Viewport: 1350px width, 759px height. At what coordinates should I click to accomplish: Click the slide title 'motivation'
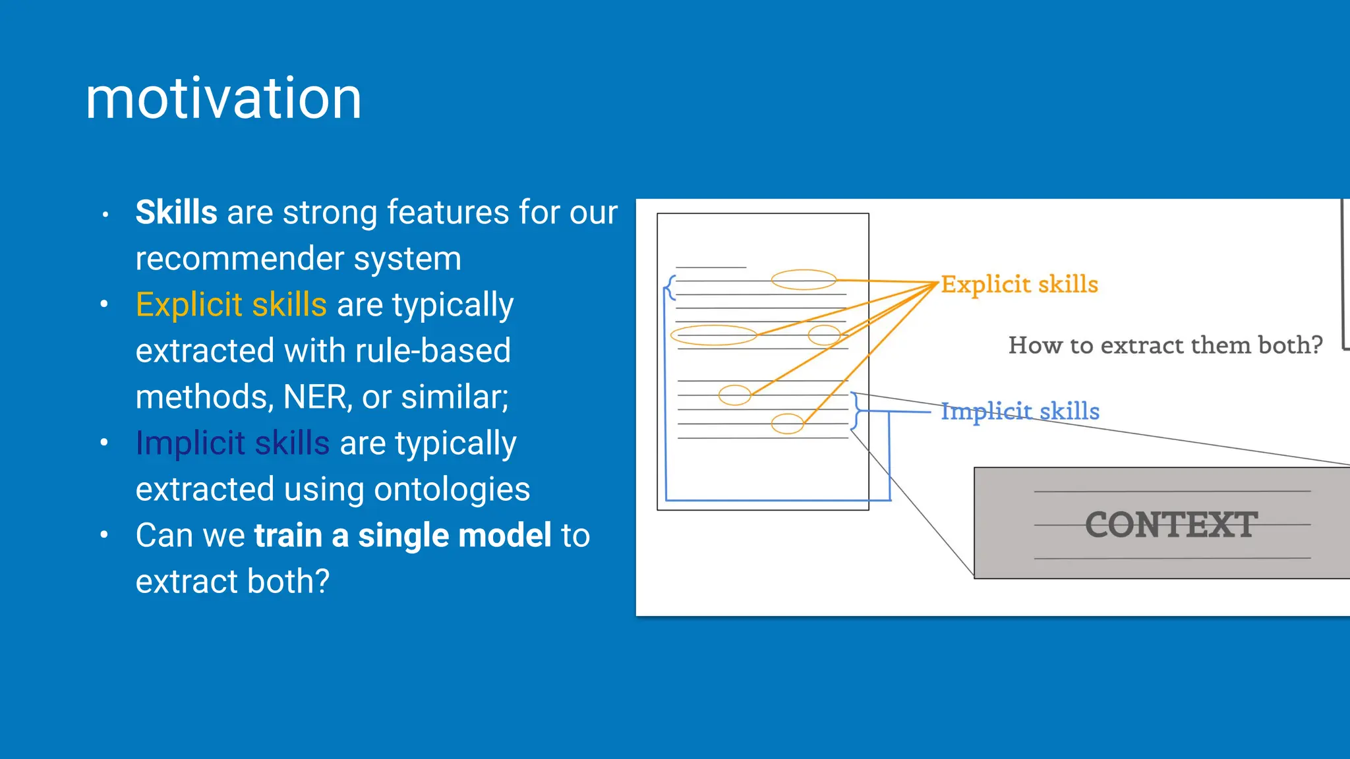pyautogui.click(x=223, y=98)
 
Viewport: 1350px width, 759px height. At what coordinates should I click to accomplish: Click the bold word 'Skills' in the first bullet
pyautogui.click(x=176, y=213)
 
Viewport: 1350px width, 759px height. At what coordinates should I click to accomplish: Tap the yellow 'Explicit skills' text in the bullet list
pyautogui.click(x=231, y=305)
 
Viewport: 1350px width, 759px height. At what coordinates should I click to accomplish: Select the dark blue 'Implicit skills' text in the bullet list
pyautogui.click(x=232, y=443)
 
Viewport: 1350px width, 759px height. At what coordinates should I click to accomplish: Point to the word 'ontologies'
pyautogui.click(x=452, y=490)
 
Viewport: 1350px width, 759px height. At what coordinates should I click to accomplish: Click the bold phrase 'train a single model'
pyautogui.click(x=403, y=536)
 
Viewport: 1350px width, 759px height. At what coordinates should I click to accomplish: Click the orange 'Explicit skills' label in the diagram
pyautogui.click(x=1019, y=285)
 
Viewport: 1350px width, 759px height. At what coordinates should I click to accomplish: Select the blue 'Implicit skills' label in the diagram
pyautogui.click(x=1020, y=411)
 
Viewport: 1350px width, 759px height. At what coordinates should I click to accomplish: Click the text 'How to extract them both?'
pyautogui.click(x=1165, y=345)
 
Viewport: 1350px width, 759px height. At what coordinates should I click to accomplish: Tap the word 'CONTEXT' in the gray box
pyautogui.click(x=1171, y=525)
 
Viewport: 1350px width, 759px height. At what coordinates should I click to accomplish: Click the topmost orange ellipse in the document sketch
pyautogui.click(x=804, y=280)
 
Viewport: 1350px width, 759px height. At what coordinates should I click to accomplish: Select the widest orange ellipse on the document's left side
pyautogui.click(x=713, y=335)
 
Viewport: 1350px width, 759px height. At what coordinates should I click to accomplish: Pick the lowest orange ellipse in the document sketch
pyautogui.click(x=787, y=424)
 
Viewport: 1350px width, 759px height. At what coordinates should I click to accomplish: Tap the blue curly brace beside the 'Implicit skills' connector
pyautogui.click(x=856, y=411)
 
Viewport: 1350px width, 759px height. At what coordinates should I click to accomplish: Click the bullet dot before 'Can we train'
pyautogui.click(x=104, y=535)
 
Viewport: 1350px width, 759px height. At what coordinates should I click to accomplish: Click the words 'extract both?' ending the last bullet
pyautogui.click(x=232, y=582)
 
